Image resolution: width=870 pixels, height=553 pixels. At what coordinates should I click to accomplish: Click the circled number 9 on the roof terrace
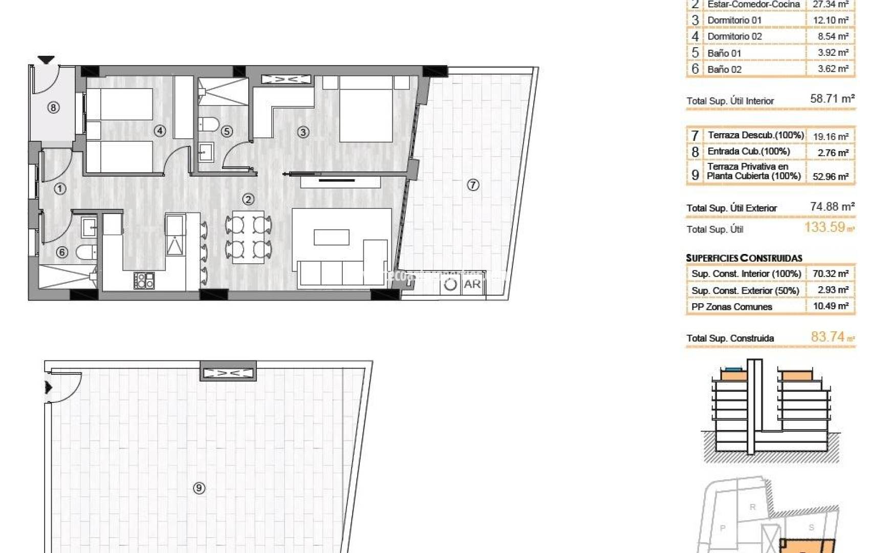pos(199,488)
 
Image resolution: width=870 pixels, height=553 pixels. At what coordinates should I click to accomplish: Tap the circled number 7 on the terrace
pos(473,185)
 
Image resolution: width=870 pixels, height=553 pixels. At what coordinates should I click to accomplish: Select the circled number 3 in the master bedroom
pos(303,132)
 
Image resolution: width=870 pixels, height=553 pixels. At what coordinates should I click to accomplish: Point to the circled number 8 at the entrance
pos(53,108)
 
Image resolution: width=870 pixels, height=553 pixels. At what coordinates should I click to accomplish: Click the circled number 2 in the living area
pos(248,199)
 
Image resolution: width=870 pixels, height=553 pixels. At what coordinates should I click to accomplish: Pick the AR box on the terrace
pos(472,284)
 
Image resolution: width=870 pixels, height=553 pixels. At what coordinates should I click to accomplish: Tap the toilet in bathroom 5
pos(208,124)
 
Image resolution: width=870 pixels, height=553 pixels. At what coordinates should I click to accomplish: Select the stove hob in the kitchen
pos(144,281)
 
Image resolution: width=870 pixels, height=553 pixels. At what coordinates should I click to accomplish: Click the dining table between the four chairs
pos(248,237)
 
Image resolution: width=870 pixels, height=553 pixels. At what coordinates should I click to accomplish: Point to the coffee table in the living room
pos(332,237)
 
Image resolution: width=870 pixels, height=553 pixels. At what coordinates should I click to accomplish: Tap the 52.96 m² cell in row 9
pos(830,177)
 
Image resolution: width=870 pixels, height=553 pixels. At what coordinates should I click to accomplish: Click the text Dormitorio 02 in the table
pos(734,36)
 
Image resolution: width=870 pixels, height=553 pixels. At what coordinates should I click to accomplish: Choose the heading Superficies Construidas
pos(744,258)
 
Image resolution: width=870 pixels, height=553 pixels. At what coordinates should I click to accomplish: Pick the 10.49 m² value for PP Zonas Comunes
pos(830,306)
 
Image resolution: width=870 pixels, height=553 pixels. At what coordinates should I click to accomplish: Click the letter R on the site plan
pos(752,507)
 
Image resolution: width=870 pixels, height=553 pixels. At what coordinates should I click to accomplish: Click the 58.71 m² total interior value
pos(832,99)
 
